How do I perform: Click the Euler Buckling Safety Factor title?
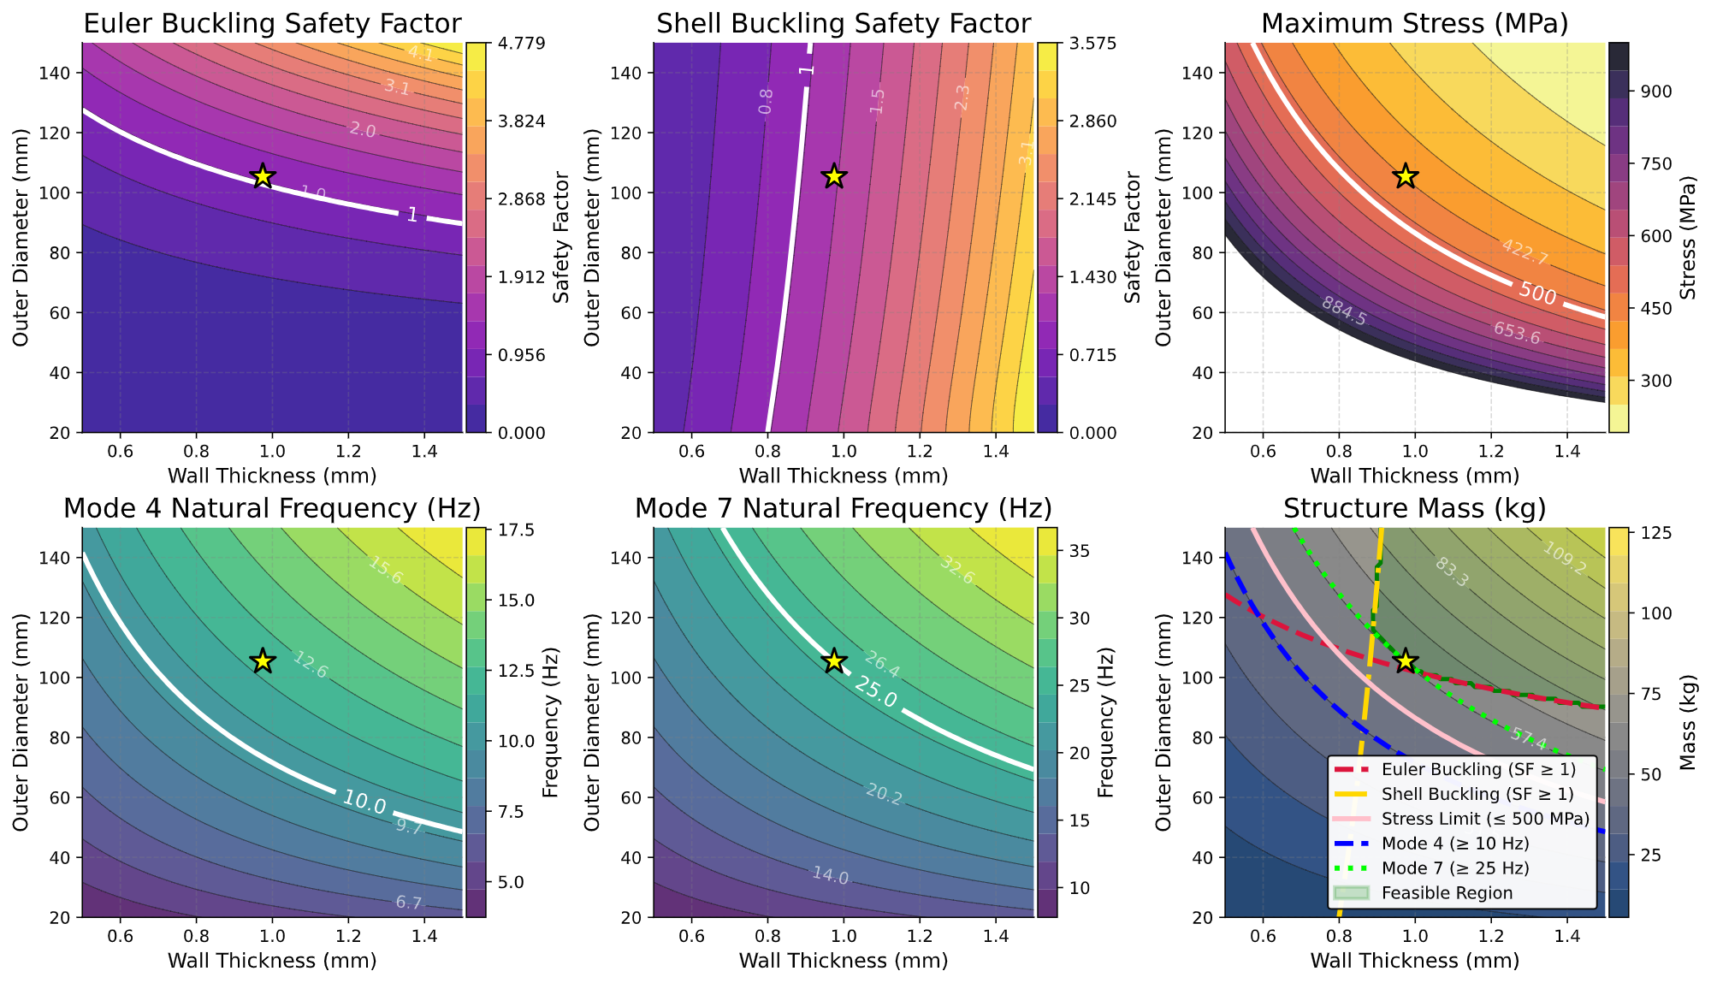272,24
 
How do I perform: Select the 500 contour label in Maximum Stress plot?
1537,293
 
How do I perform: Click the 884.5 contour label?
1344,311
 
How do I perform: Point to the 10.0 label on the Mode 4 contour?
364,802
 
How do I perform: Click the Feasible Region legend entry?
1447,892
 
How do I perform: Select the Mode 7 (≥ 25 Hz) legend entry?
1455,868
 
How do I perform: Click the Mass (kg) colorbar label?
1687,722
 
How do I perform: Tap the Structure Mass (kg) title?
1414,509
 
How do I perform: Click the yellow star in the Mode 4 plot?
263,660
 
